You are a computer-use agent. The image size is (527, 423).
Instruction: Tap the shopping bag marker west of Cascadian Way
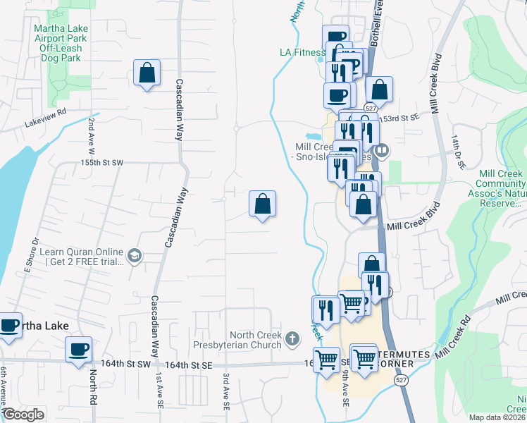[x=147, y=73]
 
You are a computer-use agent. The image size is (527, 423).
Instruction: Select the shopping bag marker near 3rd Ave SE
[x=262, y=204]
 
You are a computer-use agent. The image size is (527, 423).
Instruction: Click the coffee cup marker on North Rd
[x=79, y=348]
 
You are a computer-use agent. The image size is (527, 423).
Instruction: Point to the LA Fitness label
[x=302, y=51]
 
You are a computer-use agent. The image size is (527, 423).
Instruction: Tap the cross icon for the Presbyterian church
[x=293, y=340]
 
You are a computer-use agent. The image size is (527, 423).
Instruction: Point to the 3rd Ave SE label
[x=227, y=392]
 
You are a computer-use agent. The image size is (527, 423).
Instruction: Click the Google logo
[x=23, y=415]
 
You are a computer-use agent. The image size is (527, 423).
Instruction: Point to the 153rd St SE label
[x=393, y=118]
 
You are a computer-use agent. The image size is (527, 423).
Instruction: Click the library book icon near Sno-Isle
[x=383, y=150]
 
